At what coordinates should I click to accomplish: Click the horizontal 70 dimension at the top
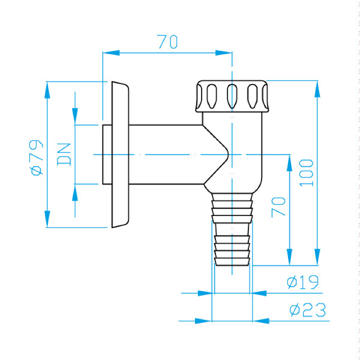tap(167, 42)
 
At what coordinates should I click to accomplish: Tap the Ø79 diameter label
tap(36, 157)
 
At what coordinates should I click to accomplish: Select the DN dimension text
tap(64, 154)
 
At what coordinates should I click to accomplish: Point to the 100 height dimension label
tap(306, 172)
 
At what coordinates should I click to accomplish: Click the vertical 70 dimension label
tap(278, 207)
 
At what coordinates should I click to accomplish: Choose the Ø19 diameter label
tap(303, 282)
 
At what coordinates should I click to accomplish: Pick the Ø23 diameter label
tap(307, 310)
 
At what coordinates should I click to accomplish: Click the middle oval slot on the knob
tap(232, 96)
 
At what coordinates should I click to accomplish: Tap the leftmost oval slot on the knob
tap(211, 96)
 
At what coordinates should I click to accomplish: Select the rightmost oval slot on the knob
tap(252, 96)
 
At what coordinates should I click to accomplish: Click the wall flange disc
tap(120, 154)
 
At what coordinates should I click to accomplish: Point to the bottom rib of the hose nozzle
tap(232, 261)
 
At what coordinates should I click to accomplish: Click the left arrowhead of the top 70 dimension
tap(111, 53)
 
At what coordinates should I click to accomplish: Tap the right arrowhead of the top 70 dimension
tap(223, 53)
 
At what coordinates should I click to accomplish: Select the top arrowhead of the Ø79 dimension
tap(47, 90)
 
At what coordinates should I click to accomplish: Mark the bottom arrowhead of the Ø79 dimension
tap(47, 219)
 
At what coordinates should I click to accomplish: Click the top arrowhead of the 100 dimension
tap(317, 89)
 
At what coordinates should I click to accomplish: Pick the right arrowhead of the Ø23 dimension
tap(261, 320)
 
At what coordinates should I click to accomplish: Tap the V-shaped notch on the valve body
tap(216, 154)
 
